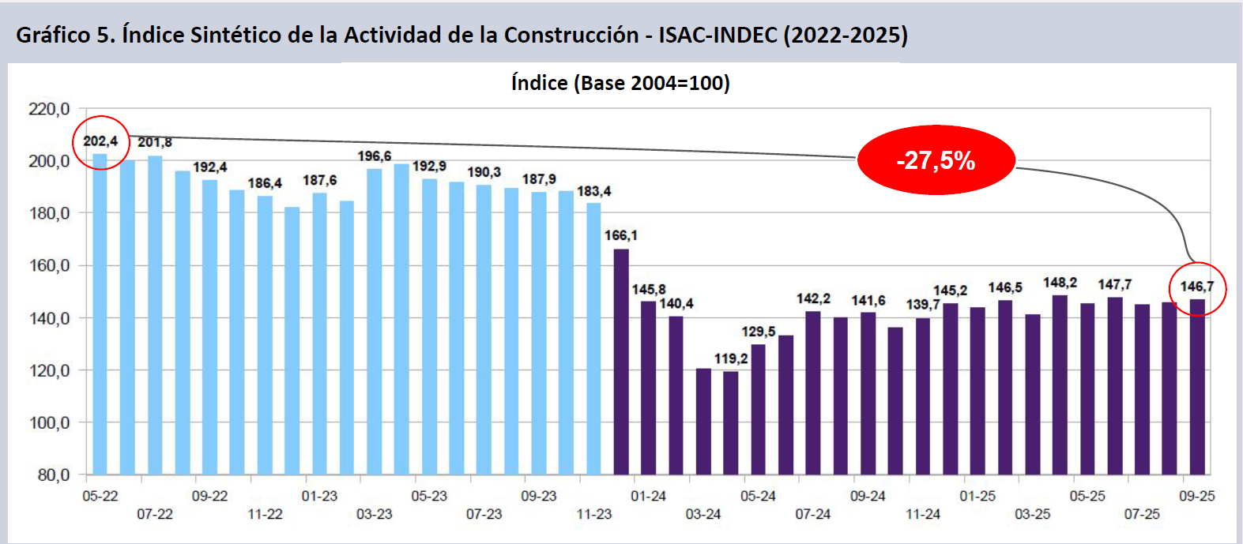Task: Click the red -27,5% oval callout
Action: click(x=936, y=160)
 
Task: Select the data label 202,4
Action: click(x=100, y=141)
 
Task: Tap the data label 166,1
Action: click(x=620, y=235)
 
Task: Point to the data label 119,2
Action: click(x=731, y=358)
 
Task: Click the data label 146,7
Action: click(x=1197, y=287)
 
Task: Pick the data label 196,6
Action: click(x=374, y=156)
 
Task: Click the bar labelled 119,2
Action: click(x=731, y=422)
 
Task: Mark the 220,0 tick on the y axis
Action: click(x=49, y=109)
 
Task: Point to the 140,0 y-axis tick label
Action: click(x=49, y=318)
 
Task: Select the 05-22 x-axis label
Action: click(x=100, y=496)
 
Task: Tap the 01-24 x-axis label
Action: click(x=648, y=496)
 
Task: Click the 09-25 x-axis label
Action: click(x=1196, y=496)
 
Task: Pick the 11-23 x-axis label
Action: click(x=593, y=514)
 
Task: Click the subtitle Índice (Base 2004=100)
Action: click(x=620, y=83)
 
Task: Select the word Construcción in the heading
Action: click(x=571, y=35)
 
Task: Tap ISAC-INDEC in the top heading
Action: click(x=718, y=35)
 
